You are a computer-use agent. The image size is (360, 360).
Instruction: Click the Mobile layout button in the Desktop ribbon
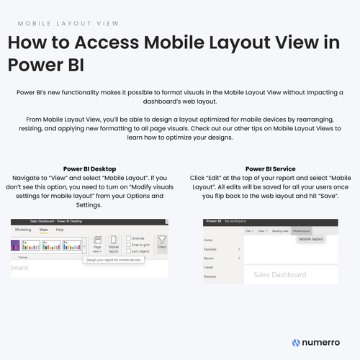(x=113, y=245)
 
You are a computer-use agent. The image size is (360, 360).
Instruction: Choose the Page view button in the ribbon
(x=97, y=245)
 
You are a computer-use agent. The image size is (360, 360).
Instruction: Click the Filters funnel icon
(x=161, y=243)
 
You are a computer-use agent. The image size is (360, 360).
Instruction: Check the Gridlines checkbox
(x=127, y=238)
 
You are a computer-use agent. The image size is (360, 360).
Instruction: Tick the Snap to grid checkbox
(x=127, y=243)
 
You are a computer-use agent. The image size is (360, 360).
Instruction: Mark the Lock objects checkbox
(x=127, y=250)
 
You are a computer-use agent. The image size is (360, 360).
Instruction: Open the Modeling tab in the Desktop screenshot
(x=24, y=229)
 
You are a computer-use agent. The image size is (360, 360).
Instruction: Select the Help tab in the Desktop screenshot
(x=60, y=229)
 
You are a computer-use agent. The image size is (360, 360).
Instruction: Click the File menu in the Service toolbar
(x=248, y=230)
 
